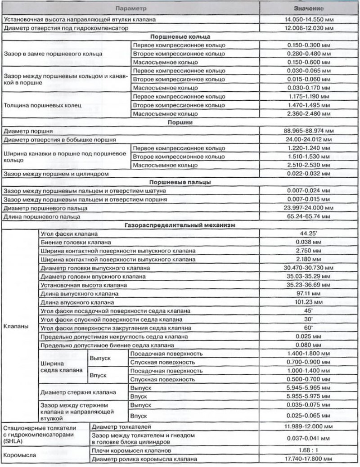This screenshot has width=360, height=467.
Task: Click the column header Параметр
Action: point(130,9)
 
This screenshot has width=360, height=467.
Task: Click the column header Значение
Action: point(310,9)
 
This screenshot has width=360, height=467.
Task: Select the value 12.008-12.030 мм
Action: point(310,28)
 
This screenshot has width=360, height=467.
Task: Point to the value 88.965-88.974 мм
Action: point(310,131)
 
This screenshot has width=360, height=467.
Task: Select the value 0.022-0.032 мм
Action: point(310,174)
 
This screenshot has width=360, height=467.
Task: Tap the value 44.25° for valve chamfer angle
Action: point(310,234)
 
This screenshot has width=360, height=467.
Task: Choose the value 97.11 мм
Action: point(310,294)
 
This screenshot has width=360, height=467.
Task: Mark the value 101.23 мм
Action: point(310,302)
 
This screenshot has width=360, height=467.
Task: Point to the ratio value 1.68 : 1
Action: point(310,450)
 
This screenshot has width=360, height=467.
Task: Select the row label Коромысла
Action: point(18,455)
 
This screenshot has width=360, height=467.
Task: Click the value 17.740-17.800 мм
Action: point(310,459)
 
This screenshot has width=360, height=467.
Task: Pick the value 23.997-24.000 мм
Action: point(310,208)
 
